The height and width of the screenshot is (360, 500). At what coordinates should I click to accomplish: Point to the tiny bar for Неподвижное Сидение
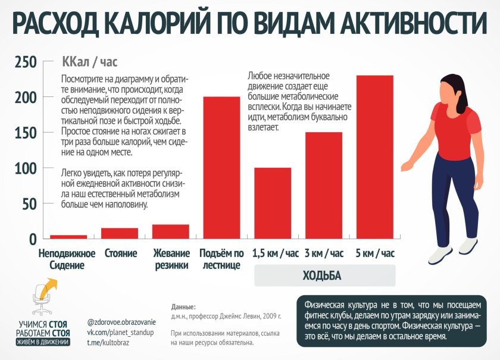[68, 237]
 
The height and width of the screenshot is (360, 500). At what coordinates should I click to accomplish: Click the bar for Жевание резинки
[171, 231]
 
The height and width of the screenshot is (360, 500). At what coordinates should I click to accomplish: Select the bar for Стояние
[120, 233]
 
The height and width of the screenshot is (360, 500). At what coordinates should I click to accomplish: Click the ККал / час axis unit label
[89, 61]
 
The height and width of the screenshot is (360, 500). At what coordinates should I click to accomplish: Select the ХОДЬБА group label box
[325, 276]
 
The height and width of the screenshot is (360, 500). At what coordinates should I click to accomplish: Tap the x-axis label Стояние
[121, 253]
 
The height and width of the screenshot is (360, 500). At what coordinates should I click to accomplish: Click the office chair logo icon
[42, 299]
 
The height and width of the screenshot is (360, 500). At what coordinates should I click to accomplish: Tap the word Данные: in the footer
[183, 306]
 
